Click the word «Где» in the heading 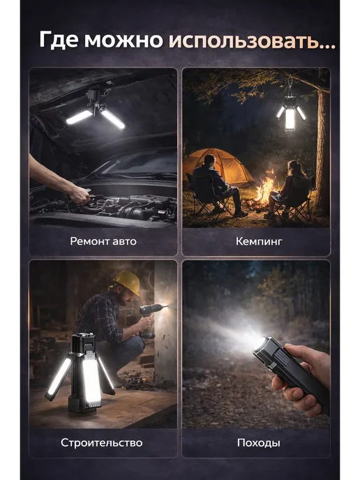coord(59,40)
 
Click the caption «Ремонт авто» coord(103,241)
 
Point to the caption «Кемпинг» coord(259,241)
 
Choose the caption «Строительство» coord(101,442)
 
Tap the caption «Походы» coord(259,442)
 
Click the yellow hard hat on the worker coord(128,282)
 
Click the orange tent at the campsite coord(218,167)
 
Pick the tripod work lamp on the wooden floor coord(81,373)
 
